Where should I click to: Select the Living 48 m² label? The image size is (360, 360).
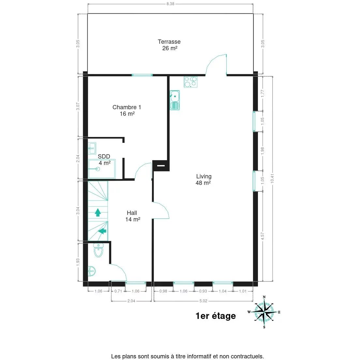coord(203,180)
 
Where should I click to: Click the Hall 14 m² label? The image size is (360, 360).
coord(132,216)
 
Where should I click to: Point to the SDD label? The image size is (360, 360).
coord(104,157)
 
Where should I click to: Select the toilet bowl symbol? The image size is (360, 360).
coord(98,250)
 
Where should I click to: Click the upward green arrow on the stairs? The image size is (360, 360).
coord(97,213)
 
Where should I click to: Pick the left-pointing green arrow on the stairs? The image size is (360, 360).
coord(102,231)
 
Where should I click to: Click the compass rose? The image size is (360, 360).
coord(264,312)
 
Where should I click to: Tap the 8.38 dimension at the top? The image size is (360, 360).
coord(170,4)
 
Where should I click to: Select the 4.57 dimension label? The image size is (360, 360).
coord(263,236)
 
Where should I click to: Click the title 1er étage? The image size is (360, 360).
coord(216,316)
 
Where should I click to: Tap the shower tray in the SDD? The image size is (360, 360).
coord(102,169)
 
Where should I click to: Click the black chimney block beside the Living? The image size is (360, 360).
coord(161,166)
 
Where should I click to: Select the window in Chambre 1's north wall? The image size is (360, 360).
coord(142,75)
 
